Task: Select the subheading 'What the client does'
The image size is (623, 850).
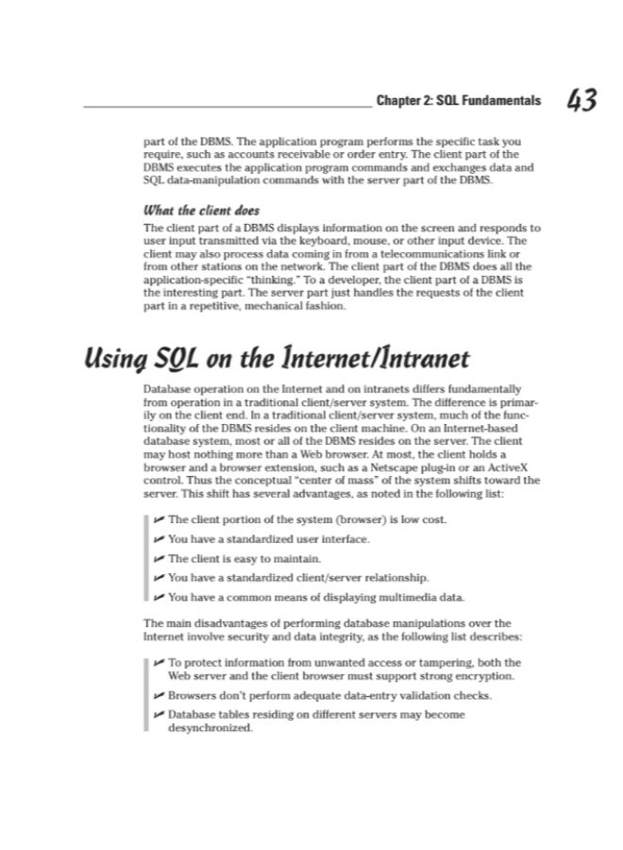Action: coord(201,210)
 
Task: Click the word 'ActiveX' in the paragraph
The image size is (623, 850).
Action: coord(517,466)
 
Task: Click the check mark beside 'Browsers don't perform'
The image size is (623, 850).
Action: coord(158,696)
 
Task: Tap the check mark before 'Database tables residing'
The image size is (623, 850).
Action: coord(158,715)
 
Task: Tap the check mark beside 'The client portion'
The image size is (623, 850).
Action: coord(158,519)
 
